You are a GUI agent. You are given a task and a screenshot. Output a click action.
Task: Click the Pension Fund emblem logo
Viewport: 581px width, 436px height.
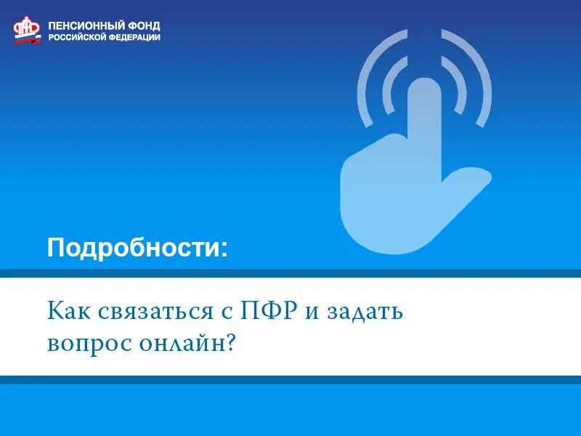[28, 30]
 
